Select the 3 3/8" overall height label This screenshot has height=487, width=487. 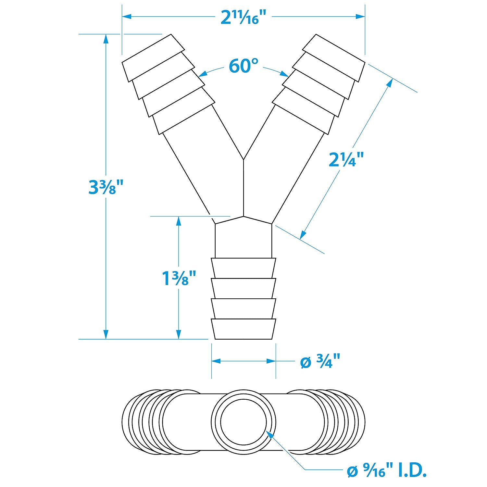106,187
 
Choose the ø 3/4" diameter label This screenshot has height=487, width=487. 320,362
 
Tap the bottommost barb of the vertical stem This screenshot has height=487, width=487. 243,329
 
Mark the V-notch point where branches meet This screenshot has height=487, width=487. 243,159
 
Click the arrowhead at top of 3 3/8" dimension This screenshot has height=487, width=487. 106,39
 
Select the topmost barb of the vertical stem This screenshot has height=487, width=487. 243,268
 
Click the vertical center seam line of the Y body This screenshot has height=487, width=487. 243,188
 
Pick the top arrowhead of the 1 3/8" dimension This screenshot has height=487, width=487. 178,221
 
